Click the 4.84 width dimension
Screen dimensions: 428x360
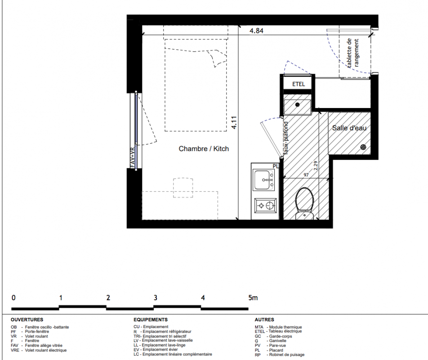coord(256,31)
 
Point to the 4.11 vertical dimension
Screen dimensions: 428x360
coord(234,123)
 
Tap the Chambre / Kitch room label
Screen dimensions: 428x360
coord(204,149)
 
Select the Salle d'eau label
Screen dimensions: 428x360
coord(349,128)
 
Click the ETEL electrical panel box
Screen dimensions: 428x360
coord(299,84)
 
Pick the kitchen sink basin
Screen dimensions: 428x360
coord(263,180)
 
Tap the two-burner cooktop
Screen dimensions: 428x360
coord(265,206)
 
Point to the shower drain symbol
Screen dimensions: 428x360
coord(363,147)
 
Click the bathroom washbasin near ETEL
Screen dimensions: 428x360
coord(297,107)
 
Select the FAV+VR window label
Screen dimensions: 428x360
coord(133,157)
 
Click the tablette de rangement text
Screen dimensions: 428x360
coord(352,53)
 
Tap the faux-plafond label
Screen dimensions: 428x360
coord(286,138)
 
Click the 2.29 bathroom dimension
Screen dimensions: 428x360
coord(316,166)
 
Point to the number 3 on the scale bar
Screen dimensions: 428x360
coord(156,298)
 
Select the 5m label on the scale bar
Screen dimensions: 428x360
coord(253,298)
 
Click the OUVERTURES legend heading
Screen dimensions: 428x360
coord(27,319)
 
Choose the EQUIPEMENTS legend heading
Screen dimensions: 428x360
coord(151,319)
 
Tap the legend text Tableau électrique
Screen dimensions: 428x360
coord(285,331)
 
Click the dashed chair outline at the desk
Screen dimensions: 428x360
coord(183,188)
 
